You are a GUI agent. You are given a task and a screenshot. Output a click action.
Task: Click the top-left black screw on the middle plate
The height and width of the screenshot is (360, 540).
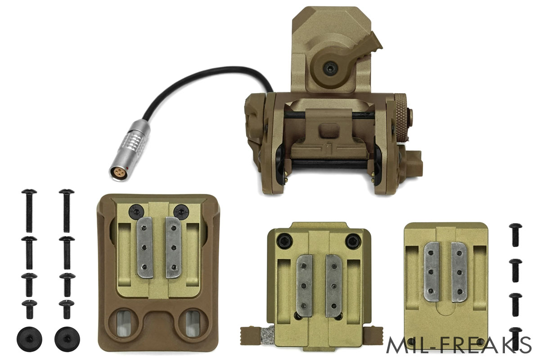coord(283,241)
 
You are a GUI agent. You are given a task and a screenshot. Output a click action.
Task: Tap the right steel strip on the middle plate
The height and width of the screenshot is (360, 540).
coord(334,286)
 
